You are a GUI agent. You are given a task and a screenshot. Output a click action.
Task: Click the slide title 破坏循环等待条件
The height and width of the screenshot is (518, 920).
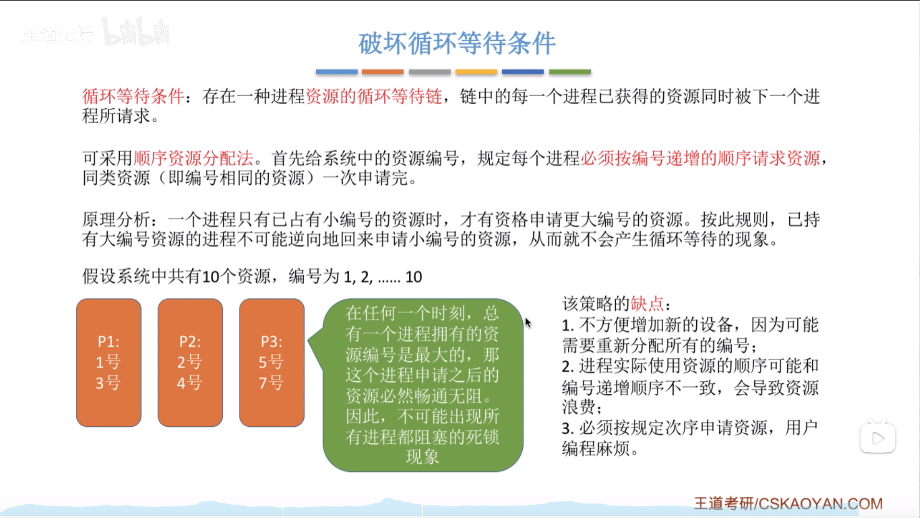(457, 43)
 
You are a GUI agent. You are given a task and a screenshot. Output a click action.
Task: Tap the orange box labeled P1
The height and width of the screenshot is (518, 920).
(109, 363)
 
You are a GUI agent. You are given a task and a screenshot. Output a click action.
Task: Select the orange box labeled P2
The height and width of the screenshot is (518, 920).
(190, 363)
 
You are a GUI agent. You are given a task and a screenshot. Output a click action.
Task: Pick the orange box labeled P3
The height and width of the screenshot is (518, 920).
(272, 363)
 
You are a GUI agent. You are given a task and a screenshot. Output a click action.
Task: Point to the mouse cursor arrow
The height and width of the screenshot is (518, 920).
(528, 323)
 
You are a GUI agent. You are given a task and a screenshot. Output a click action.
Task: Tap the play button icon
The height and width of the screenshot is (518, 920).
(878, 438)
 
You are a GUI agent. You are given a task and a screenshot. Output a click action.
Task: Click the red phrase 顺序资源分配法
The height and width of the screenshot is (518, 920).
(193, 158)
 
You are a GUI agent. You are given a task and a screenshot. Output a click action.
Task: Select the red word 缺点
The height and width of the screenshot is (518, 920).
(647, 304)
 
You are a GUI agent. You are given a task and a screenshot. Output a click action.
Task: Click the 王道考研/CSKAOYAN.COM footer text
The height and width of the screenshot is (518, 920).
(788, 504)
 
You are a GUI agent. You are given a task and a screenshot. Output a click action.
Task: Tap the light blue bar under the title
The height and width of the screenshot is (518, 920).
(336, 72)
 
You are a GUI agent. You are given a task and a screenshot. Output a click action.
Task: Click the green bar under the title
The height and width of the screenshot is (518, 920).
(570, 72)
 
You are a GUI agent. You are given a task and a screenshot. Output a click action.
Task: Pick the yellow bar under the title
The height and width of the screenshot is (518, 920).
(476, 72)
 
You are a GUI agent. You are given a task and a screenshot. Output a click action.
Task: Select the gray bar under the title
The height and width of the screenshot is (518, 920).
(430, 72)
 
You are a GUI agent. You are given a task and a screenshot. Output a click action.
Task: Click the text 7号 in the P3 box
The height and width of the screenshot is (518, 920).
(271, 383)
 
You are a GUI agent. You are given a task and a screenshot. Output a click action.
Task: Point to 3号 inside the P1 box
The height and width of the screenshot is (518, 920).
(108, 383)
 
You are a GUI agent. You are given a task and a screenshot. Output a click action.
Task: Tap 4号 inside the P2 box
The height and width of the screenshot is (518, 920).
(189, 383)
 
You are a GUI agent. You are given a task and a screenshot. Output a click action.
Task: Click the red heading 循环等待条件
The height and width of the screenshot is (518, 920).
(133, 96)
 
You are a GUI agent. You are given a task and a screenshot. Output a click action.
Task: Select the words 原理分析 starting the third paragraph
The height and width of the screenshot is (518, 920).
(116, 220)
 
